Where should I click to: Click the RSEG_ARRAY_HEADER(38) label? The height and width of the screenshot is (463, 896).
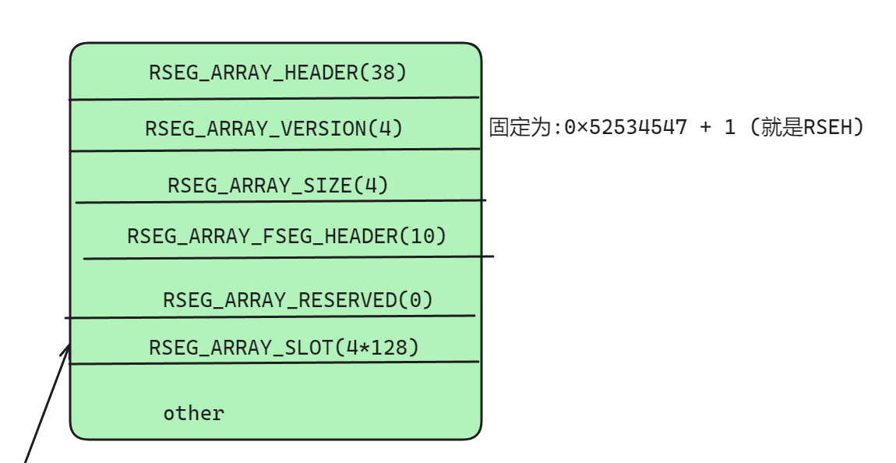pyautogui.click(x=278, y=72)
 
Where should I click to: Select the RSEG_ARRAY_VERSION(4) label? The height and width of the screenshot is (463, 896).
pyautogui.click(x=274, y=128)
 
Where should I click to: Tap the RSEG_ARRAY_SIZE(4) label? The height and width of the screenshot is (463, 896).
pyautogui.click(x=278, y=186)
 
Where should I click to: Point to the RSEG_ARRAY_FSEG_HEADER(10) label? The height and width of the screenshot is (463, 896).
pyautogui.click(x=287, y=235)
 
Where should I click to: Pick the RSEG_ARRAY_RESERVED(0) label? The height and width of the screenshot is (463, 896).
pyautogui.click(x=298, y=299)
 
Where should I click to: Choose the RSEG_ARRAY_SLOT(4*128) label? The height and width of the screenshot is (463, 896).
pyautogui.click(x=284, y=347)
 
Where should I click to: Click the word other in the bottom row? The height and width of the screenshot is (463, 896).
pyautogui.click(x=193, y=413)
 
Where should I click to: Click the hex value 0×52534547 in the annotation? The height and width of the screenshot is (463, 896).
pyautogui.click(x=626, y=127)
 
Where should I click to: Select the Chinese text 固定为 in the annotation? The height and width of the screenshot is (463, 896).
pyautogui.click(x=520, y=127)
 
